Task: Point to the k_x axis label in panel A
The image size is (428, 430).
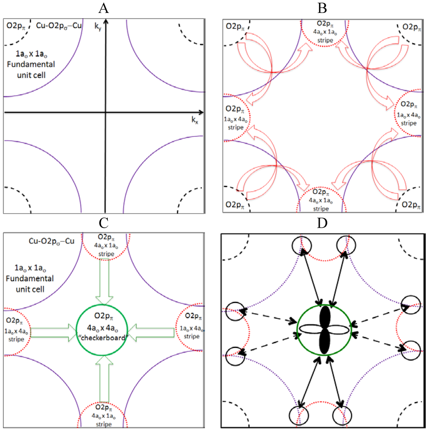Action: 195,120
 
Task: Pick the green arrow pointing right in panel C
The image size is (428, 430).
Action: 53,332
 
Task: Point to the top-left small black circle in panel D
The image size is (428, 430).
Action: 301,244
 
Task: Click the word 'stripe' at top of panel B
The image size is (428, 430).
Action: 323,41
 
